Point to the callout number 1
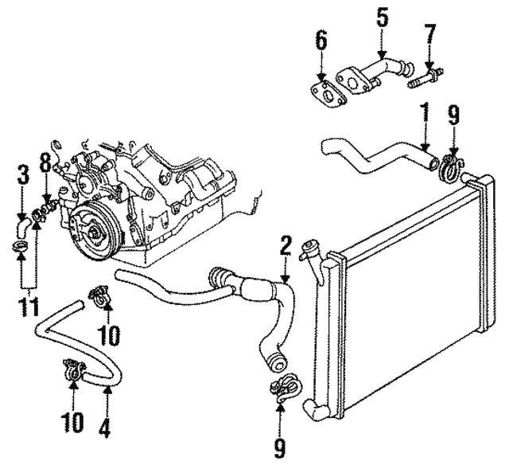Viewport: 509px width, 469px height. pos(424,113)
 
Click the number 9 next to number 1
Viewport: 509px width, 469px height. pos(454,115)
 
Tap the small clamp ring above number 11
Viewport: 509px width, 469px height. pos(23,256)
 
